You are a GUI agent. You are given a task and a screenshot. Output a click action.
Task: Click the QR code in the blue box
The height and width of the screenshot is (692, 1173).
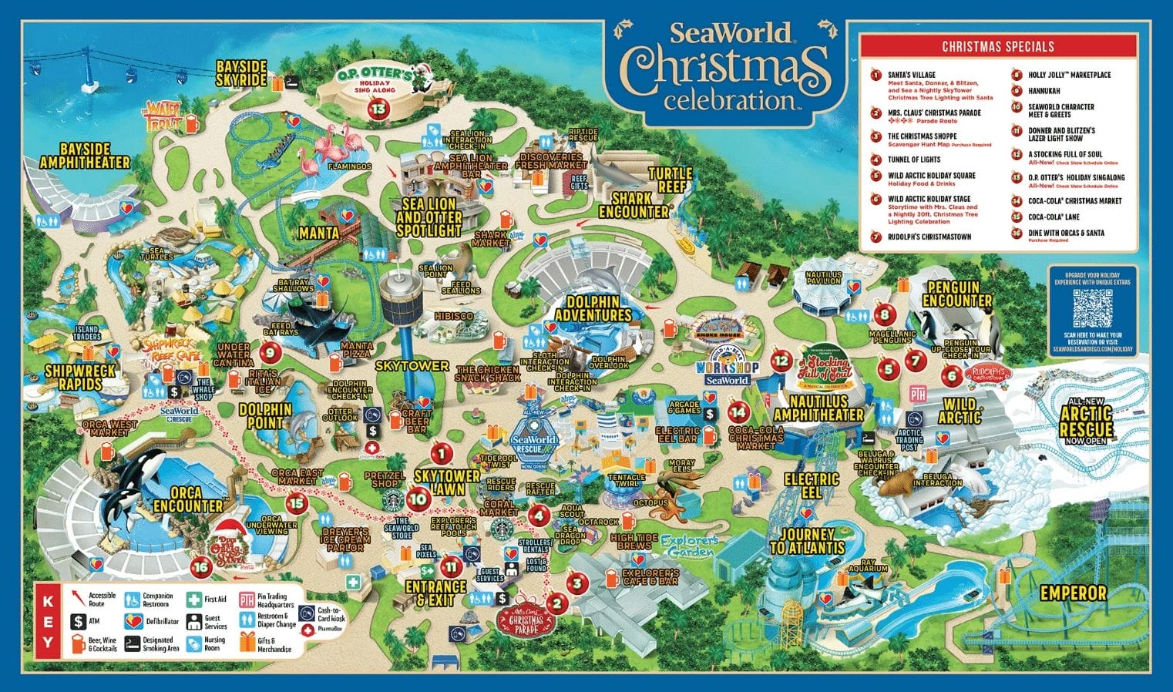[x=1092, y=309]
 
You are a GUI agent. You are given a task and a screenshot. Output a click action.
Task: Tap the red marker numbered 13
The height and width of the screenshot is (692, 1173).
[x=378, y=109]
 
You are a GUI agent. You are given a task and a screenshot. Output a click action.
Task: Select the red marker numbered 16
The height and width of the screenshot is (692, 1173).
[x=200, y=566]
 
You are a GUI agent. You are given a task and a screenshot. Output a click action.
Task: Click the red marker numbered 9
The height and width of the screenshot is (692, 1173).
[x=269, y=353]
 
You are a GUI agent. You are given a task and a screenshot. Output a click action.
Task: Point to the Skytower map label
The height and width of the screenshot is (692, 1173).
[x=412, y=366]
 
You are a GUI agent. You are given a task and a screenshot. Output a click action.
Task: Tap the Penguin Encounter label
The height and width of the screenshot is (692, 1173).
[x=956, y=294]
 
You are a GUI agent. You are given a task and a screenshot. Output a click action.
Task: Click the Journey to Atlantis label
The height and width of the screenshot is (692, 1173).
[x=807, y=541]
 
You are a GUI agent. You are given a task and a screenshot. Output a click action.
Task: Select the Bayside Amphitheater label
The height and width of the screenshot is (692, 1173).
[x=85, y=155]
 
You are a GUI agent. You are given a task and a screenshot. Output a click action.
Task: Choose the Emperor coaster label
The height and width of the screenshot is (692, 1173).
[x=1073, y=593]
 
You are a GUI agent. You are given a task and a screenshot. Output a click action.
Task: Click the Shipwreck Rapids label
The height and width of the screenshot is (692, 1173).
[x=79, y=377]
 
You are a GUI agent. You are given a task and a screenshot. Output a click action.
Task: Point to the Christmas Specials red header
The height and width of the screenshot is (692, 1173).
[x=997, y=46]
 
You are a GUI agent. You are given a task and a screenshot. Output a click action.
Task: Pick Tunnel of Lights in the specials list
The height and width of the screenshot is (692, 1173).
[x=913, y=160]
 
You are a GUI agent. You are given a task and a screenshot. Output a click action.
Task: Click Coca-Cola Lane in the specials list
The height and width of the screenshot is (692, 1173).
[x=1054, y=217]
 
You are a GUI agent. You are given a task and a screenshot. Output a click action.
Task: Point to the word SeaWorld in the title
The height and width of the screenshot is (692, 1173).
[x=730, y=33]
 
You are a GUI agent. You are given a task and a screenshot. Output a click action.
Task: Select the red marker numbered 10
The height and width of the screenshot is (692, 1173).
[x=418, y=498]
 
